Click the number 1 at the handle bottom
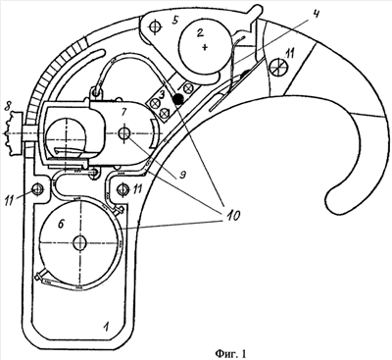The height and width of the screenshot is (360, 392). click(105, 326)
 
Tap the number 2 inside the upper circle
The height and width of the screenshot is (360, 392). click(200, 32)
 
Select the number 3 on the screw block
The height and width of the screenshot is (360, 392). click(163, 96)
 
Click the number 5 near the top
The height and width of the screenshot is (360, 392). click(175, 22)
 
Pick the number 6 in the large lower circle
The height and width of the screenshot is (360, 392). click(61, 224)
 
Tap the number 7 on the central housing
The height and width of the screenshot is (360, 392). click(123, 112)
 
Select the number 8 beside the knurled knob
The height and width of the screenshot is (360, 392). click(7, 108)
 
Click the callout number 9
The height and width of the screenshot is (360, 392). click(183, 176)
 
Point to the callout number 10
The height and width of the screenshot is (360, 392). click(230, 215)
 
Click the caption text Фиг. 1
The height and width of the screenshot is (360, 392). click(230, 353)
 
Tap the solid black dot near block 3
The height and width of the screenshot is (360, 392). click(178, 98)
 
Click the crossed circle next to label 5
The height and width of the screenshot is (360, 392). click(155, 26)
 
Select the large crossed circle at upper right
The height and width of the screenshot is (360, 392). click(278, 68)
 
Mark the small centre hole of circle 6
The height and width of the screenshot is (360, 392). click(79, 242)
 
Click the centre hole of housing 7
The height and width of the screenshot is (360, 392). click(123, 133)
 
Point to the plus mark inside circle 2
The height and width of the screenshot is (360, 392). click(205, 48)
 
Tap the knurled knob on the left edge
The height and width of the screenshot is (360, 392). click(13, 133)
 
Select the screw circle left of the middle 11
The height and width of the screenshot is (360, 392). click(123, 189)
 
